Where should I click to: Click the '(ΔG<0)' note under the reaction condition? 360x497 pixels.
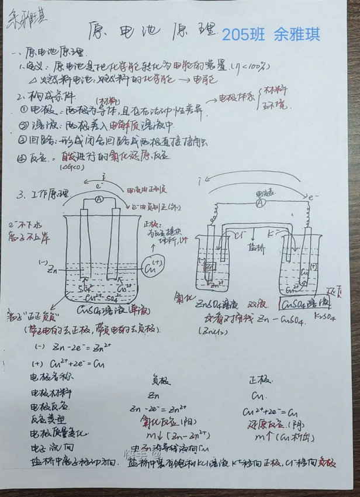(72, 168)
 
